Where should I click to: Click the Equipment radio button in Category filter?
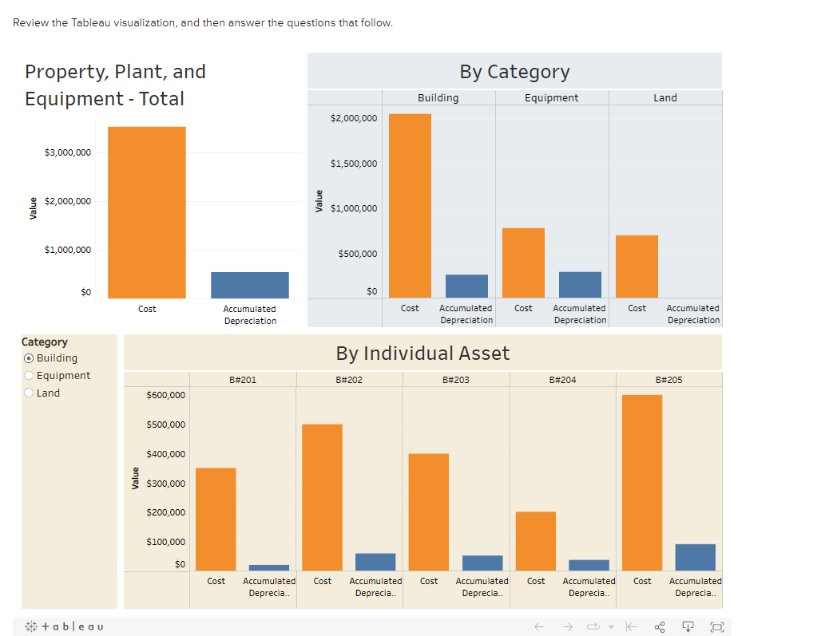point(30,376)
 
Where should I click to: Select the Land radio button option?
point(30,393)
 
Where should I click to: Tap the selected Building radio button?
point(30,358)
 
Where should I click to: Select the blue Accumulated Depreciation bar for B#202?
point(375,562)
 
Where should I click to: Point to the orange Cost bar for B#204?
point(536,540)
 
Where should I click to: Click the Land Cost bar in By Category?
point(637,266)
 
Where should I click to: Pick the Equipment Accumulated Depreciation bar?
point(580,284)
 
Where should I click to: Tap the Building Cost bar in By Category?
point(410,205)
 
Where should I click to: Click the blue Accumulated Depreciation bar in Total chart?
point(250,285)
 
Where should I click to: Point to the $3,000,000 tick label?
point(68,152)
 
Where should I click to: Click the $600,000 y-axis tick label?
point(166,395)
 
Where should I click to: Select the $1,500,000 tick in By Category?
point(354,164)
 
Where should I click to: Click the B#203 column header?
point(455,380)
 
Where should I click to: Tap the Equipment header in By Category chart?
point(551,97)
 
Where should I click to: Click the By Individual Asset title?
point(422,353)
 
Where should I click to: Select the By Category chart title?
point(514,71)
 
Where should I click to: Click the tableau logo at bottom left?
point(64,626)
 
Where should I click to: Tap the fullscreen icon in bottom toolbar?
point(716,627)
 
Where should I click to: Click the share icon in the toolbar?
point(660,627)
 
